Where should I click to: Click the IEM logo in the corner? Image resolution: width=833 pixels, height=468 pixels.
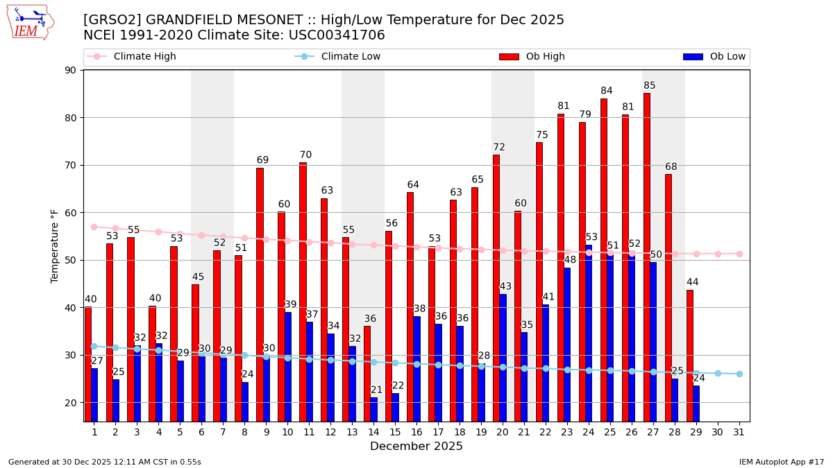[31, 22]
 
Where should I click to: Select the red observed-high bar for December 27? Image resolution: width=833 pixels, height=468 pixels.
[647, 257]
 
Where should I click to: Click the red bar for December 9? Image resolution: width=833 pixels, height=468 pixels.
[260, 295]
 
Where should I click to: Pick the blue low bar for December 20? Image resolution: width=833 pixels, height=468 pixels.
[503, 357]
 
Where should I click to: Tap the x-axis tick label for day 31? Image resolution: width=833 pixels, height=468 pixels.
[739, 432]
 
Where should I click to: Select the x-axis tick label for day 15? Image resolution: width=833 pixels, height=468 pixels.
[395, 432]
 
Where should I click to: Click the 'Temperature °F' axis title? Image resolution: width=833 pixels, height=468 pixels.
[55, 245]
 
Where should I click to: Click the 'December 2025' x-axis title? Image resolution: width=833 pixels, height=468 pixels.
[416, 447]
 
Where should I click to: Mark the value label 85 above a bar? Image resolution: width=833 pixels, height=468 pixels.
[649, 86]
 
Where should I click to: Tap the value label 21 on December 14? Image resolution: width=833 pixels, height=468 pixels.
[377, 390]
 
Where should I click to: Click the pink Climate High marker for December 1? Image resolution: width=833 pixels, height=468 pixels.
[94, 227]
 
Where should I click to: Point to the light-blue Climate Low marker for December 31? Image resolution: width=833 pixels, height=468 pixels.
[739, 374]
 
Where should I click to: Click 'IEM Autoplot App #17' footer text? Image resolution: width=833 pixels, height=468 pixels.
[782, 462]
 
